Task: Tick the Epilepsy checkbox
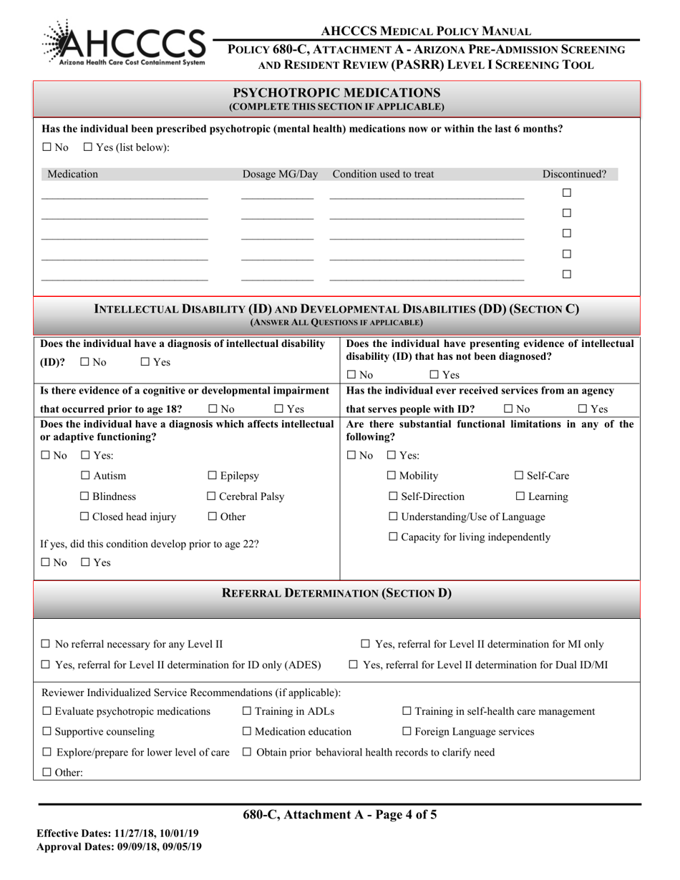point(212,476)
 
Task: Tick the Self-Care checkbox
point(520,476)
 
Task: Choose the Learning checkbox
point(520,497)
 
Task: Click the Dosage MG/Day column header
point(280,174)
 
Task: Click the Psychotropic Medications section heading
point(336,93)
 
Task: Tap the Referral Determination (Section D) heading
point(336,593)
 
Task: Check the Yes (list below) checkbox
point(87,147)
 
